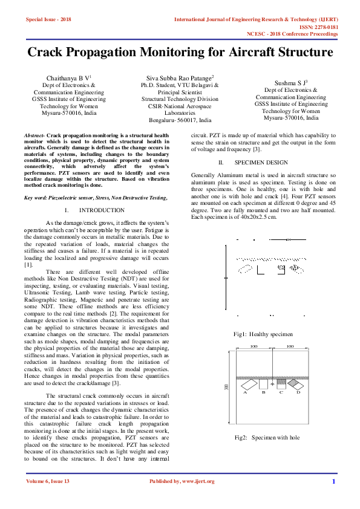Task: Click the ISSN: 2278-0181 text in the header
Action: coord(319,27)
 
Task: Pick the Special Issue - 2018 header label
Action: coord(48,19)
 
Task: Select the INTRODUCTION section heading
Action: coord(102,210)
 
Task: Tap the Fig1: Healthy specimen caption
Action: coord(263,334)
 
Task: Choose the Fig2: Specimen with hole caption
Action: coord(267,437)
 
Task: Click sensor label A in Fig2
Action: coord(245,392)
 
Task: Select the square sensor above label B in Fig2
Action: coord(263,383)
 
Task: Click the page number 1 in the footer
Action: coord(333,481)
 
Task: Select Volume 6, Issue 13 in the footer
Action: coord(48,481)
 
